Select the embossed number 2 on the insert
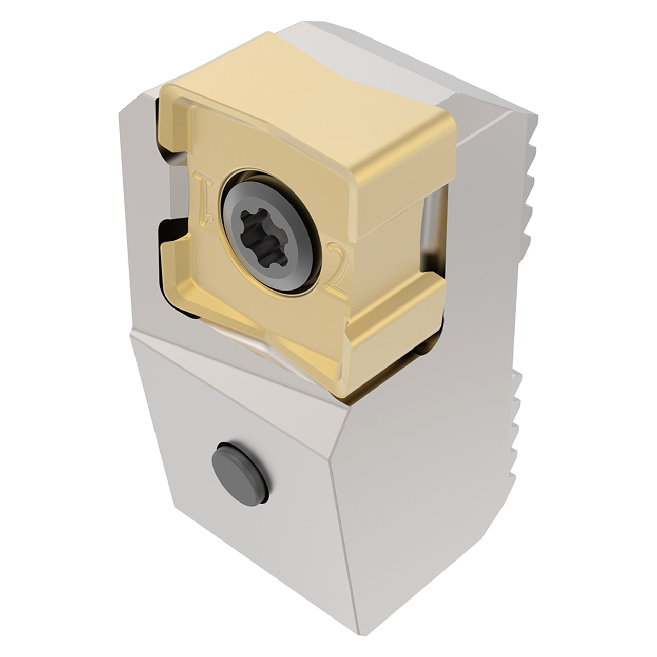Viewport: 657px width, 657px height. click(337, 272)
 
